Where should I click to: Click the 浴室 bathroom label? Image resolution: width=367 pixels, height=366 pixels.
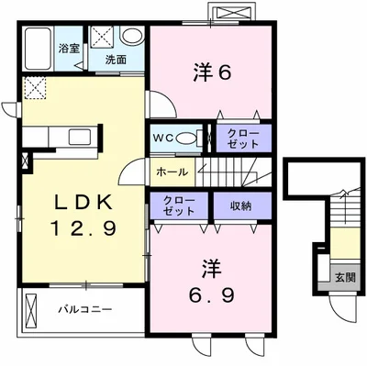[69, 49]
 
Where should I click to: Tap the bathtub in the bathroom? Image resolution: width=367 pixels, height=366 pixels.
[38, 49]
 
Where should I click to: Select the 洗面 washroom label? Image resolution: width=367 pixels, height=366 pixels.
[116, 60]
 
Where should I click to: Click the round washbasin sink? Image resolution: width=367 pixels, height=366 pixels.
[132, 35]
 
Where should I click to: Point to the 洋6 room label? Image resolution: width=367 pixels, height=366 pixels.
[211, 73]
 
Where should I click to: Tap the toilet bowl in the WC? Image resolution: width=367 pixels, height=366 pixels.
[186, 139]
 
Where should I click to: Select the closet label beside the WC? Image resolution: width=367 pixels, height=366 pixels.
[243, 139]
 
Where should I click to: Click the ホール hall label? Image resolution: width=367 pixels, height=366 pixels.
[172, 172]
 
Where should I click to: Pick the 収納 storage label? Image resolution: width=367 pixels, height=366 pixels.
[240, 206]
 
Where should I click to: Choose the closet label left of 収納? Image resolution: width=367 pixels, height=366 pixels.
[179, 205]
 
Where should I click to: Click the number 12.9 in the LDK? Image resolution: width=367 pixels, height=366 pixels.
[83, 229]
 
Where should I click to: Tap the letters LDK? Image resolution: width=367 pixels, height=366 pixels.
[83, 203]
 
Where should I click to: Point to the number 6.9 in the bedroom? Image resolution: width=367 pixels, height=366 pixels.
[211, 295]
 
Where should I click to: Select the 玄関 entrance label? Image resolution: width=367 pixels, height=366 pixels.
[345, 278]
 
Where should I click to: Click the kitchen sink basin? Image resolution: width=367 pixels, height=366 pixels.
[80, 137]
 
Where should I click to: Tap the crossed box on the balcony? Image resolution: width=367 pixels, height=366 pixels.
[31, 309]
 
